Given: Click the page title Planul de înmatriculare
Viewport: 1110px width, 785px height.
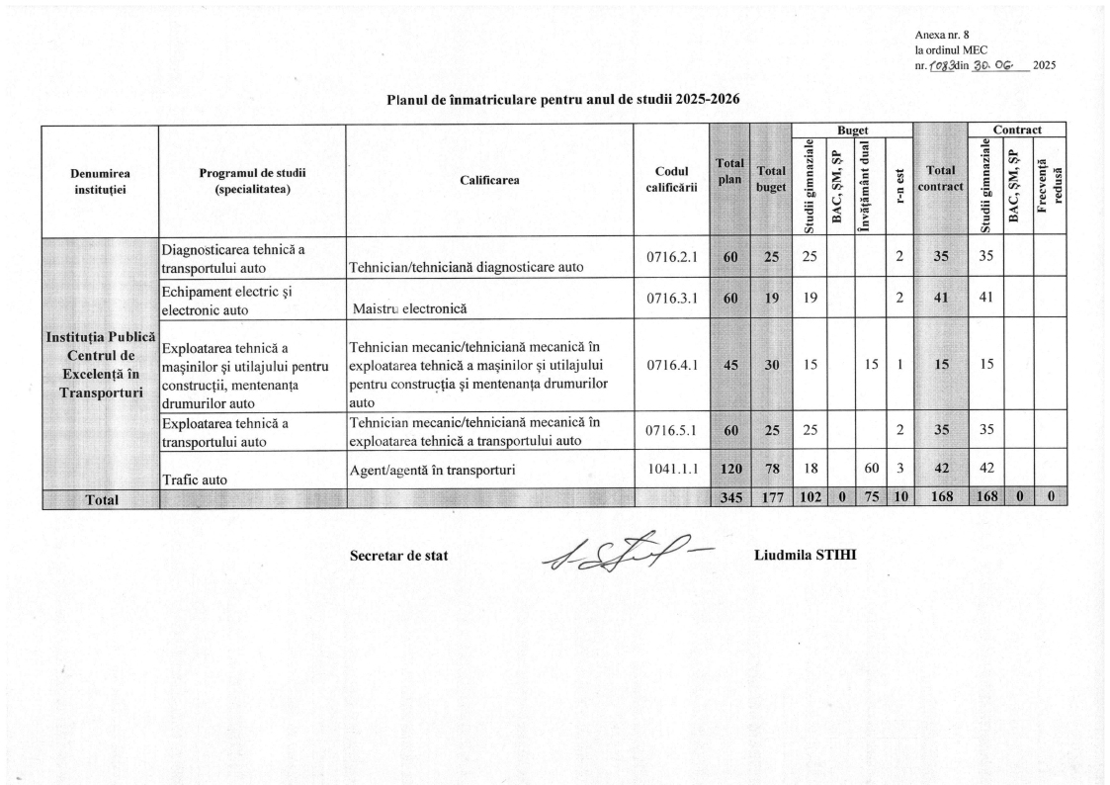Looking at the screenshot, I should click(x=559, y=99).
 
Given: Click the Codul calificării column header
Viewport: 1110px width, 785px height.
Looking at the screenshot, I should click(x=672, y=180).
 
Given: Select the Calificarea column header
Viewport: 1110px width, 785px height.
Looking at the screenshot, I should click(x=489, y=180).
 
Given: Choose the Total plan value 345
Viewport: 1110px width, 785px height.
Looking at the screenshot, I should click(x=730, y=499).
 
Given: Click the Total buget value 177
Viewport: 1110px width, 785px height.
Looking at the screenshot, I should click(x=771, y=499).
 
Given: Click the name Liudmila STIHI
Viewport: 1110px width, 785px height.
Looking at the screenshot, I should click(x=805, y=554).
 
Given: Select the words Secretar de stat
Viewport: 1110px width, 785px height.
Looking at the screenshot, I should click(x=398, y=556).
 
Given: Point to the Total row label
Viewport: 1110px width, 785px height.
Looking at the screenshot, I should click(x=100, y=500).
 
